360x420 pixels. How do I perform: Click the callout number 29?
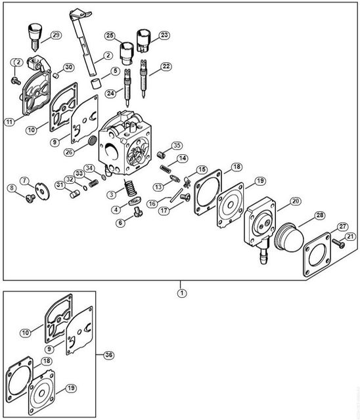[x=56, y=35]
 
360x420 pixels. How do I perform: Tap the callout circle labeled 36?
[x=108, y=355]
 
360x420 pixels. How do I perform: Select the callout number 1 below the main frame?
[x=182, y=293]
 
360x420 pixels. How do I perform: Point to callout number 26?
[x=69, y=152]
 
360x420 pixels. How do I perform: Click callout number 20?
[x=296, y=201]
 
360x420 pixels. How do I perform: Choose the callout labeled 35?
[x=177, y=146]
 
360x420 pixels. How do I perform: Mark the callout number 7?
[x=25, y=180]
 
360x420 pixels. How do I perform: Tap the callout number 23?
[x=164, y=35]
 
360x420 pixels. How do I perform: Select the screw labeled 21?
[x=338, y=243]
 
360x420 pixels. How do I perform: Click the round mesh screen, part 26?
[x=92, y=140]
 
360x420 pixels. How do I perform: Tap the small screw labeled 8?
[x=31, y=198]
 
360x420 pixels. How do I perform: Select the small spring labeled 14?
[x=166, y=169]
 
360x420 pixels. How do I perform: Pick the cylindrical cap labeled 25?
[x=126, y=52]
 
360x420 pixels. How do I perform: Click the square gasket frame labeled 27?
[x=317, y=255]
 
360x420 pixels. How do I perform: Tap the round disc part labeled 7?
[x=43, y=191]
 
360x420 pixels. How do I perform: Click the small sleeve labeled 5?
[x=96, y=83]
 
